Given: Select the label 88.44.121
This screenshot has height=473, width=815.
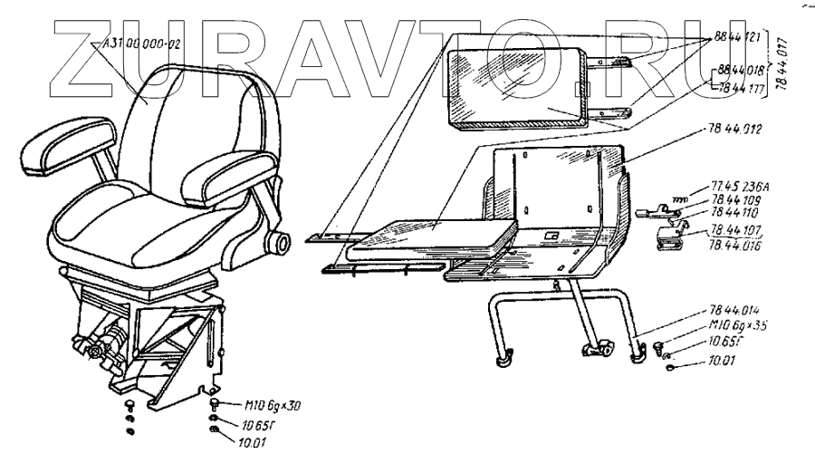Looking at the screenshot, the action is (x=736, y=35).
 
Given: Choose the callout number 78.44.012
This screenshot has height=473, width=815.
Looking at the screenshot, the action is (x=732, y=130).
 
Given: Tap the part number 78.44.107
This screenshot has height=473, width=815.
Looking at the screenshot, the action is (x=734, y=232).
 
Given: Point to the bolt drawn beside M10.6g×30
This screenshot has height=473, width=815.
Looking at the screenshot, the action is (x=215, y=404).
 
